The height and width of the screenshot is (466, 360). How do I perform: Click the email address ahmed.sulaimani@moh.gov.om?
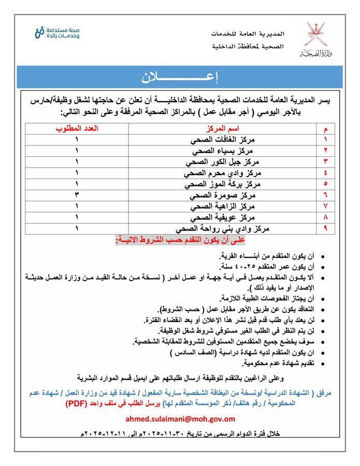pyautogui.click(x=180, y=418)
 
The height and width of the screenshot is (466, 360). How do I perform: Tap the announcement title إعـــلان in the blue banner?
pyautogui.click(x=180, y=78)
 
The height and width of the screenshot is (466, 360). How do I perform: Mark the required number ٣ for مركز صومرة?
pyautogui.click(x=77, y=195)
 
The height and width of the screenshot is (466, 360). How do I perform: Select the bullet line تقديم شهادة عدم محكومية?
pyautogui.click(x=267, y=363)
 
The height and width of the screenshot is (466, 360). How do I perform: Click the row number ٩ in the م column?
pyautogui.click(x=325, y=228)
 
